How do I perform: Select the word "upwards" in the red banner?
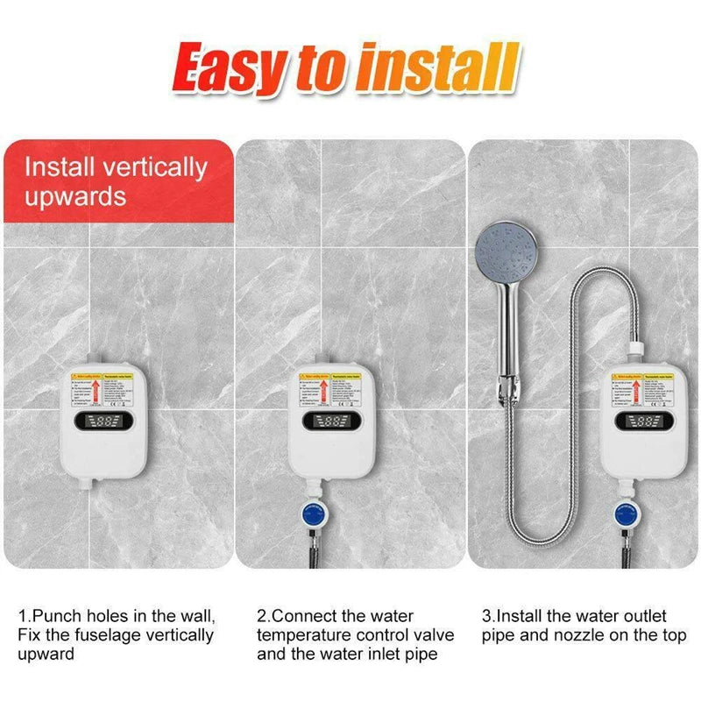[x=75, y=195]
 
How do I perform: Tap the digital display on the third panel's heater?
[x=644, y=422]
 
